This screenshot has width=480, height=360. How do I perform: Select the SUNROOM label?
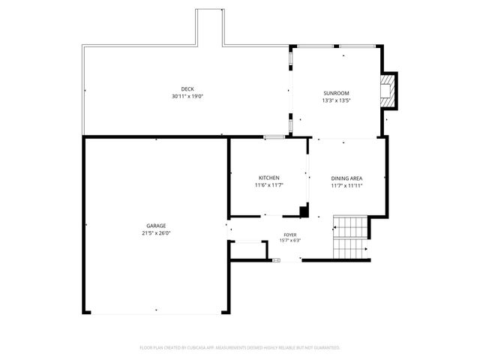pyautogui.click(x=337, y=94)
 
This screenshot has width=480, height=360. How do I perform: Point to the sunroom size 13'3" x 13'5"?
pyautogui.click(x=337, y=100)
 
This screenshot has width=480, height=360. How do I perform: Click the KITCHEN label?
pyautogui.click(x=269, y=178)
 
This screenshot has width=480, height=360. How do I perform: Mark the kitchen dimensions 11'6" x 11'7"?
pyautogui.click(x=269, y=184)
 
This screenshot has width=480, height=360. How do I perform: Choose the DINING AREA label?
pyautogui.click(x=346, y=178)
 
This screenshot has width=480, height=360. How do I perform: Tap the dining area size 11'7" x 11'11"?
pyautogui.click(x=346, y=185)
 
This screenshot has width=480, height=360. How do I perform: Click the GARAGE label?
pyautogui.click(x=156, y=226)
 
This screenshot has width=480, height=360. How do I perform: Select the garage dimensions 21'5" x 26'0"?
pyautogui.click(x=156, y=233)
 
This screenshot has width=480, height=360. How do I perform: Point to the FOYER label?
pyautogui.click(x=289, y=235)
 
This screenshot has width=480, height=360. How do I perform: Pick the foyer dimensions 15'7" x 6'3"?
pyautogui.click(x=289, y=241)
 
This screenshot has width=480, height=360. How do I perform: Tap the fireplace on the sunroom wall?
pyautogui.click(x=388, y=90)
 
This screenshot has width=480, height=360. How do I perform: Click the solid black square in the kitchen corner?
pyautogui.click(x=304, y=211)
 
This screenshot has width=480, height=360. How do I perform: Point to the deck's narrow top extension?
pyautogui.click(x=209, y=26)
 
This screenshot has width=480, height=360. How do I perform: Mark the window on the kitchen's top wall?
pyautogui.click(x=274, y=137)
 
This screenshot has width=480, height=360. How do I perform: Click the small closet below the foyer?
pyautogui.click(x=247, y=250)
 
